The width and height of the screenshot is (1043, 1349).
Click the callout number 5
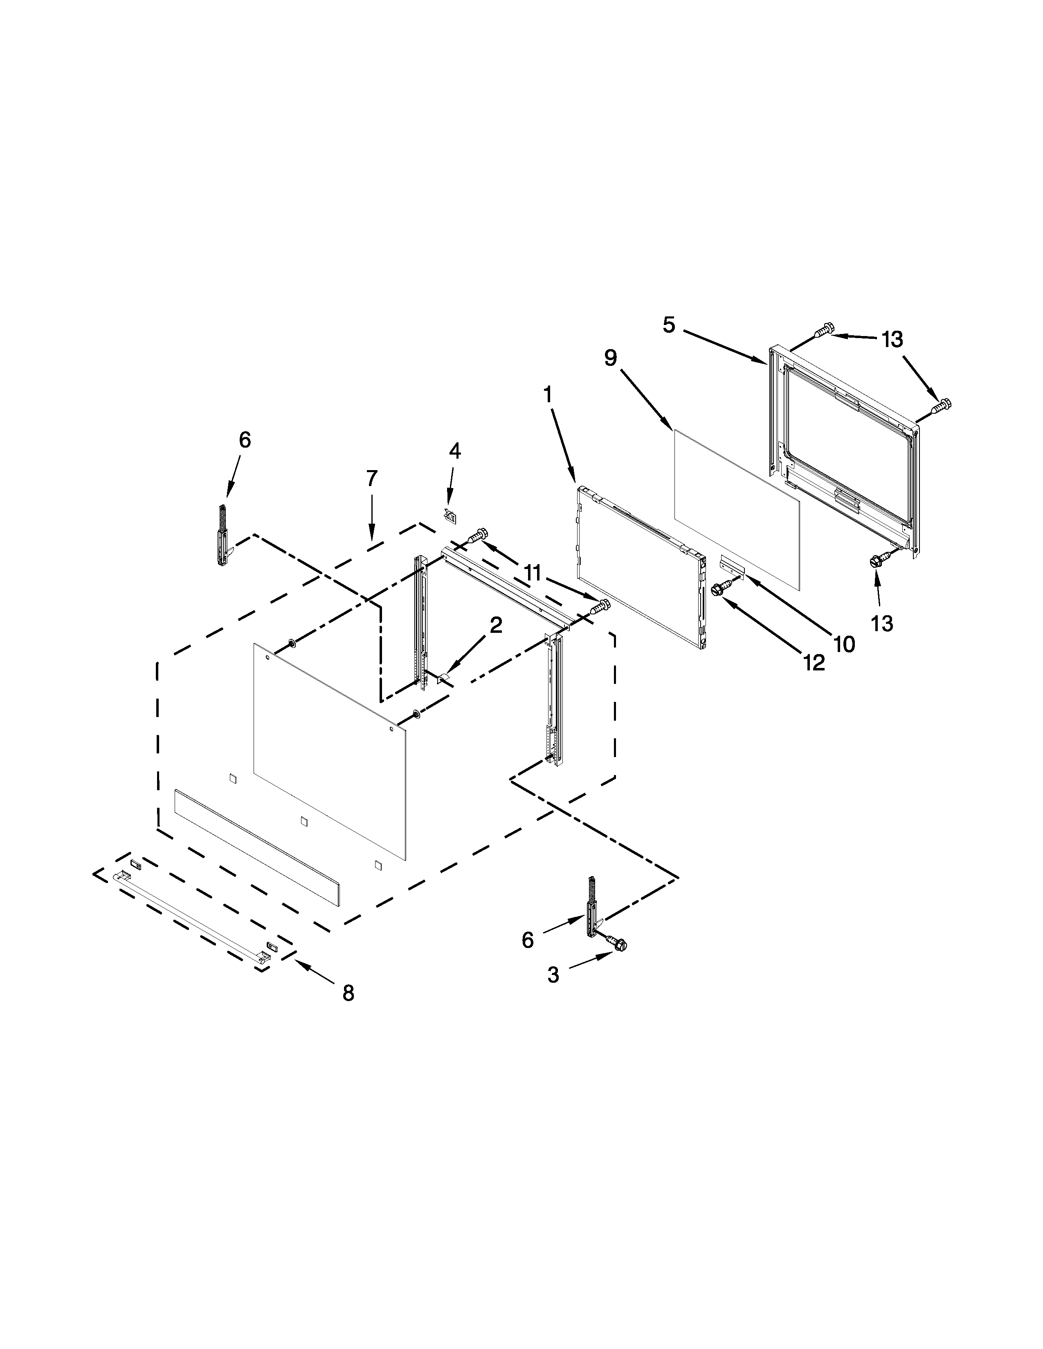click(669, 325)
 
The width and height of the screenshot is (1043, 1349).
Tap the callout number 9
click(611, 358)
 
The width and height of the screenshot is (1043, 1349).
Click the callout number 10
click(844, 644)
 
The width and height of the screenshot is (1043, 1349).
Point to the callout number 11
click(533, 574)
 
